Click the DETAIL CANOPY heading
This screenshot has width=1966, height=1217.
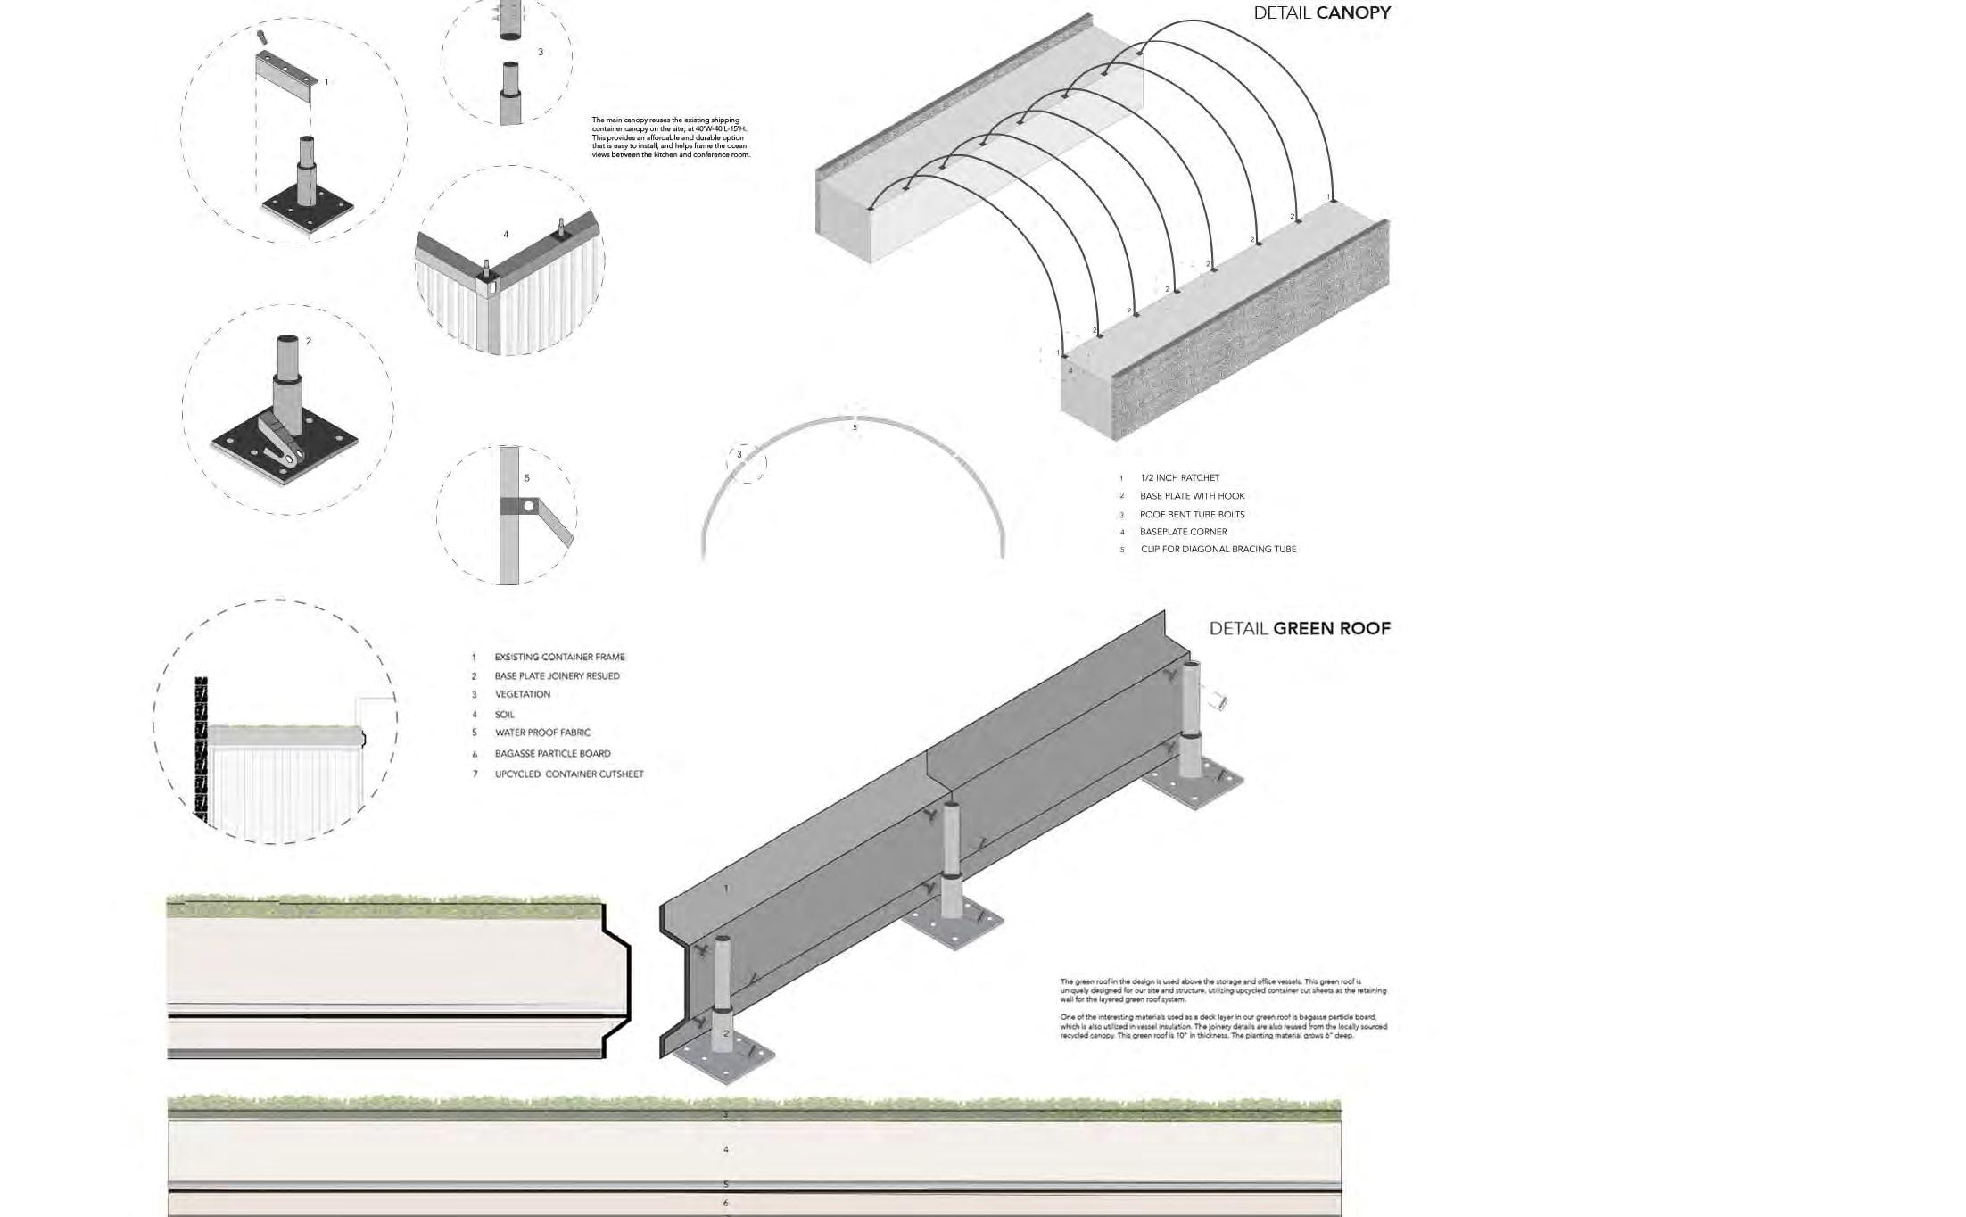[x=1321, y=13]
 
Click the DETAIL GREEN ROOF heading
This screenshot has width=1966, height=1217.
[x=1299, y=629]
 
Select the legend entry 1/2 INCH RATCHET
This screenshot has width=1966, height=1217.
[x=1179, y=478]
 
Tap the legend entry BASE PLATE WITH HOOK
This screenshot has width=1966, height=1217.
[x=1192, y=496]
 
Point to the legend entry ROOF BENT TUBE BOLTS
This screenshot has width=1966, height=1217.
[x=1192, y=515]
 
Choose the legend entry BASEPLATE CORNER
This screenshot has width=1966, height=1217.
[x=1183, y=532]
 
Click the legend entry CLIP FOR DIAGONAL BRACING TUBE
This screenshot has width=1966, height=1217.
[x=1218, y=550]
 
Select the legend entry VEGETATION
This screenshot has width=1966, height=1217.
[x=522, y=695]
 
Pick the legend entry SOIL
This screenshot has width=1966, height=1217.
[x=504, y=715]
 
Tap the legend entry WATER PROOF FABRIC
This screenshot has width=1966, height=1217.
[x=542, y=733]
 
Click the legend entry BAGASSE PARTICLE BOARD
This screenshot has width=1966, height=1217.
[x=552, y=754]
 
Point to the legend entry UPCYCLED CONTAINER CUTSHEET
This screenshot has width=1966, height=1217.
[x=568, y=774]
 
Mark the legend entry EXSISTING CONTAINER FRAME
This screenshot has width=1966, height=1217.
[x=559, y=658]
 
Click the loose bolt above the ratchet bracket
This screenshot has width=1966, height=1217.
[x=261, y=37]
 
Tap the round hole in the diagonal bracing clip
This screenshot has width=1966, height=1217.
[x=529, y=507]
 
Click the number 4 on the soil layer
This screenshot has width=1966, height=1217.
[x=725, y=1149]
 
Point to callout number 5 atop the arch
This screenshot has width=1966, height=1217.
[x=855, y=427]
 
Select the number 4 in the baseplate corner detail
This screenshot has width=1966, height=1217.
[x=506, y=235]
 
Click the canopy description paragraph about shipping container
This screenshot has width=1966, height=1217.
[x=671, y=137]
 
